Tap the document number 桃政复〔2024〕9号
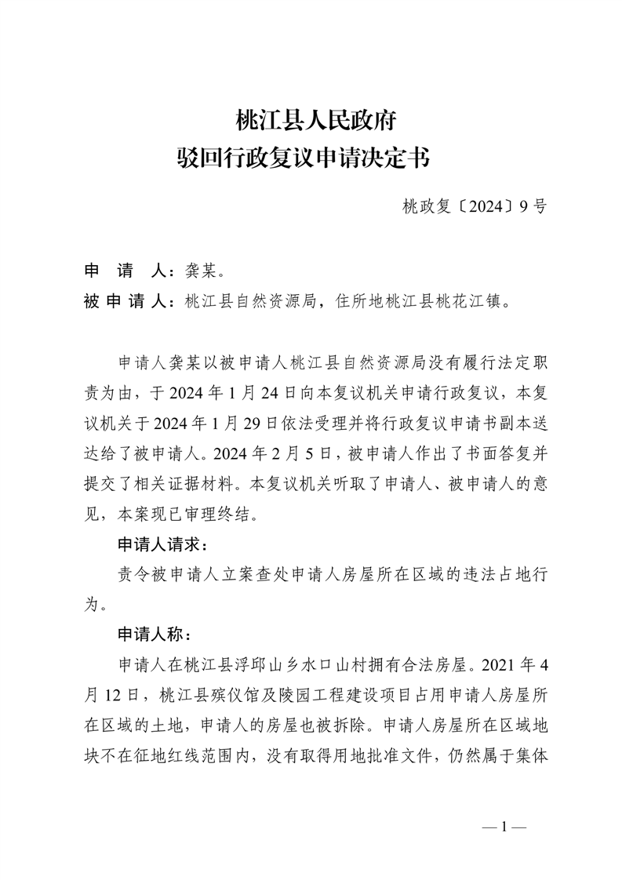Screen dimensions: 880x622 point(474,207)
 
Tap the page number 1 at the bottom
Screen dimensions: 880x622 point(504,826)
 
